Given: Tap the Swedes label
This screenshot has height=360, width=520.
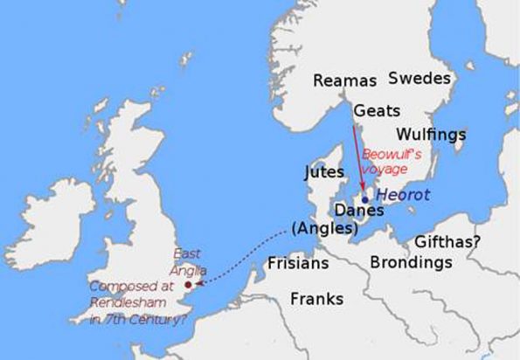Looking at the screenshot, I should (x=419, y=77).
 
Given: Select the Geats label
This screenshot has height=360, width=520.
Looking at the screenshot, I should (x=378, y=112).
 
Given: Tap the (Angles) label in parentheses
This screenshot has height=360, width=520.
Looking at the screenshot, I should (x=325, y=230).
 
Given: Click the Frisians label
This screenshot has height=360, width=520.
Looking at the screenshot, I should (x=298, y=262).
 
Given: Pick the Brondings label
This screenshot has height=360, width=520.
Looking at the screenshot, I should (x=411, y=262).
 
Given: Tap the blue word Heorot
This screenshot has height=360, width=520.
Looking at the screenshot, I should (x=398, y=197).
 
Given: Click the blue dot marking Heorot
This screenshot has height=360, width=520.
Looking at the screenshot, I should (x=364, y=199).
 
